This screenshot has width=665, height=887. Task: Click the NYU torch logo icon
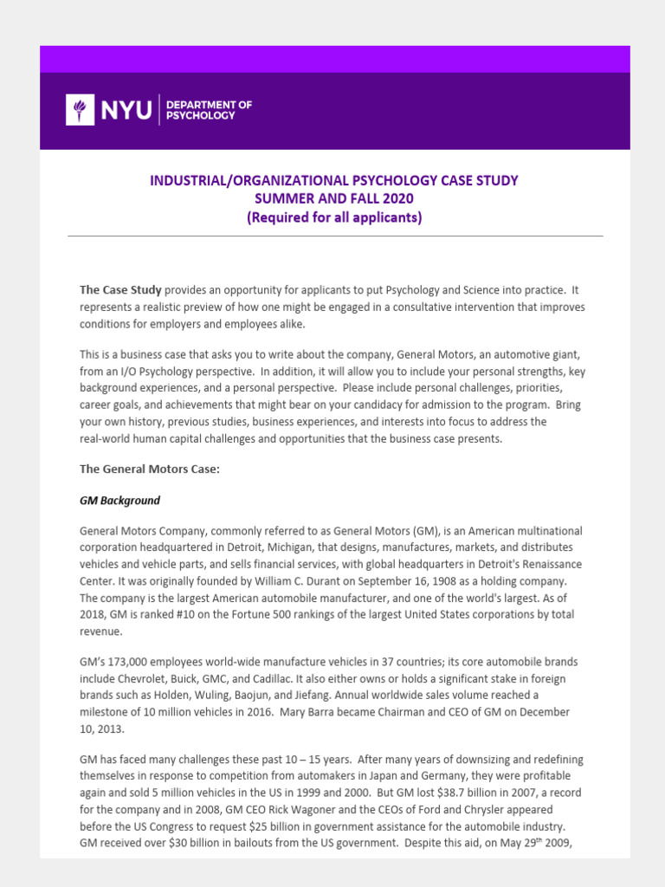(x=80, y=109)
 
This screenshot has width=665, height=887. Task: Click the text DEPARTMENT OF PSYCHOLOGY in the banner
(x=209, y=110)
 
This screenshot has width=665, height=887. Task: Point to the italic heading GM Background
(x=119, y=501)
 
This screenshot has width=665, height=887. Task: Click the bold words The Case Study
(x=120, y=289)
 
